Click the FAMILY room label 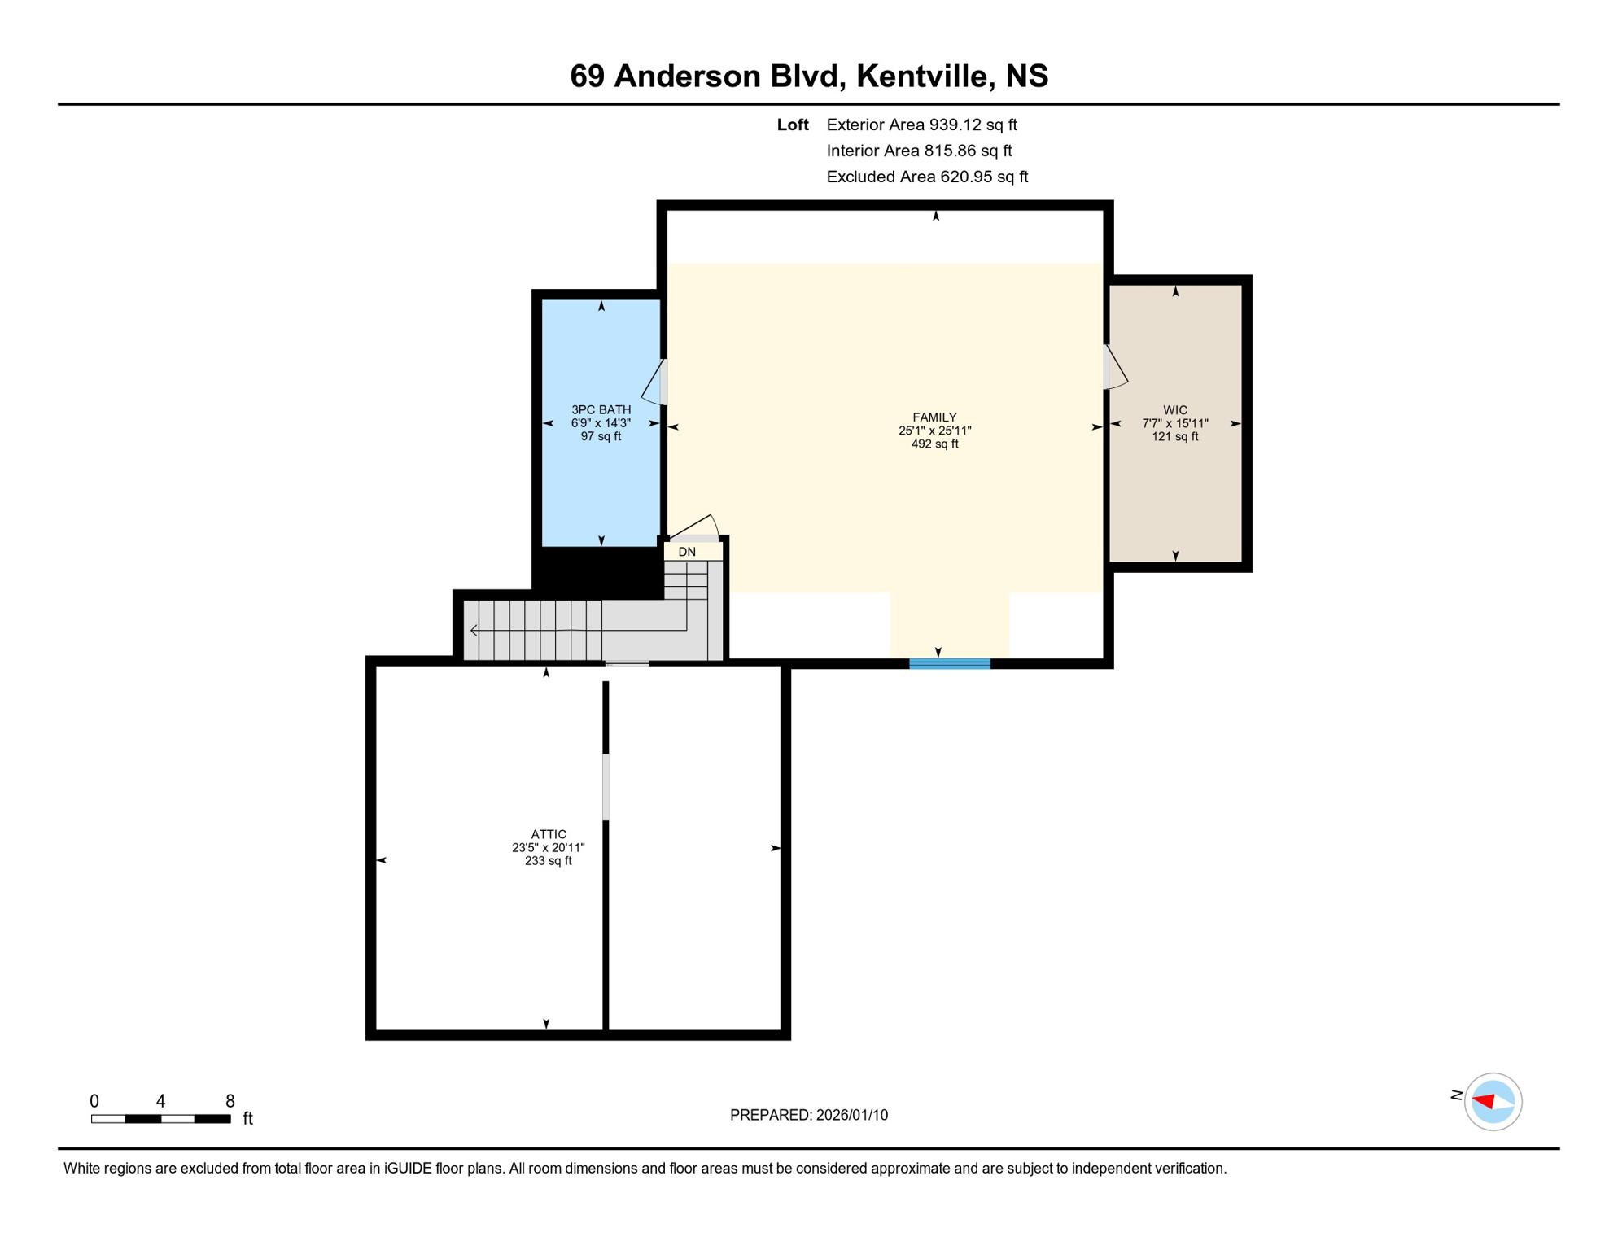tap(934, 417)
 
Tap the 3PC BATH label tap(601, 410)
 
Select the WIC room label tap(1174, 410)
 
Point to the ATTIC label tap(548, 834)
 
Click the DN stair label tap(687, 552)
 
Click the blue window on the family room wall tap(949, 664)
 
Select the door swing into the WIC tap(1115, 368)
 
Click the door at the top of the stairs tap(693, 527)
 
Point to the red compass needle tap(1484, 1101)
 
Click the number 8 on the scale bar tap(230, 1101)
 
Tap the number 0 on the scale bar tap(94, 1101)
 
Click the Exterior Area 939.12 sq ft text tap(921, 125)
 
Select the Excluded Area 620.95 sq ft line tap(926, 177)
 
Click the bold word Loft tap(792, 125)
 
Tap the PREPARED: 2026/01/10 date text tap(808, 1115)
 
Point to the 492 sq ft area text tap(934, 444)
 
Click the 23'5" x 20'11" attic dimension tap(548, 847)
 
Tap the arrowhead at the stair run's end tap(474, 631)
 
